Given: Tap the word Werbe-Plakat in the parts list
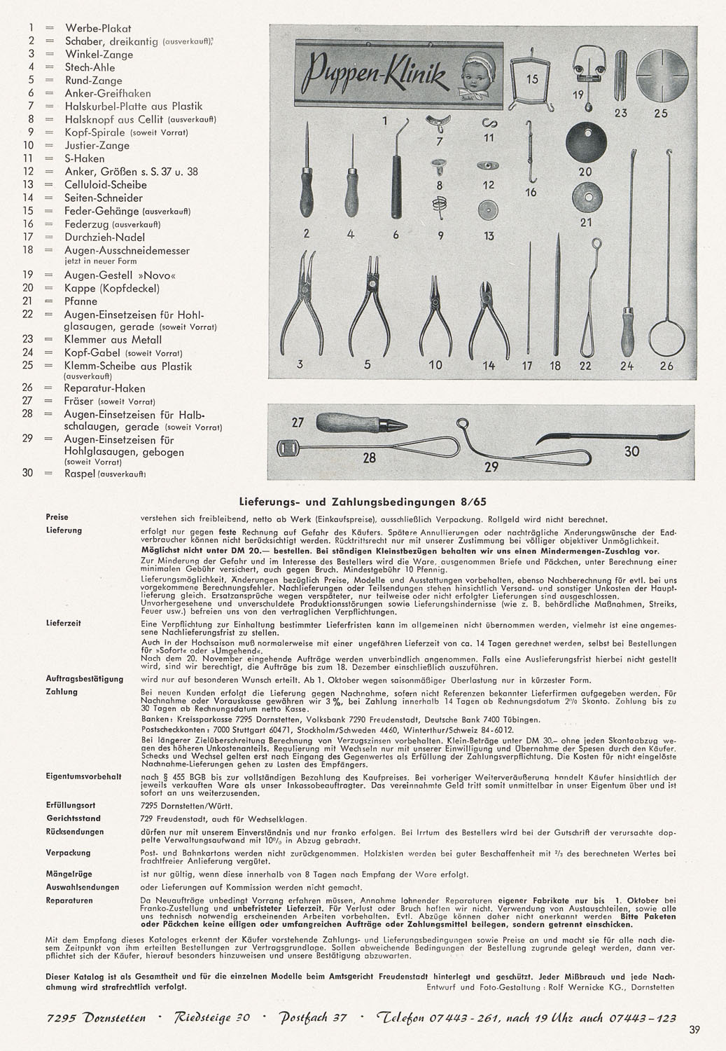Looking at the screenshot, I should [x=98, y=28].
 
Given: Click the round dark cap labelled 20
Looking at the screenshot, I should [x=585, y=143].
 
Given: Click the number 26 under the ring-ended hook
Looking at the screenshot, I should [x=666, y=365].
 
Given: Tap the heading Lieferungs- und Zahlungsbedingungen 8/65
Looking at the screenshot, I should [x=363, y=502].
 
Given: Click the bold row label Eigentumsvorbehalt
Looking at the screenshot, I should [x=84, y=776].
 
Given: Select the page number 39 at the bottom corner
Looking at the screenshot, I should [x=694, y=1029].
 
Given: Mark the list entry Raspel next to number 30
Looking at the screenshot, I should [x=80, y=473].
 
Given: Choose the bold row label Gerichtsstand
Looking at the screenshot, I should [x=74, y=818].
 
